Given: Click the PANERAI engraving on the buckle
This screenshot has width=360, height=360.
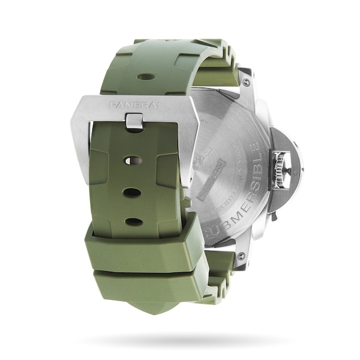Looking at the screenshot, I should click(135, 105).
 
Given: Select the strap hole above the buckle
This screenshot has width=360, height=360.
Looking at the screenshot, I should click(145, 77).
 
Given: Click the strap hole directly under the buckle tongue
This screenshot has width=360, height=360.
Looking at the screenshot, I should click(133, 161).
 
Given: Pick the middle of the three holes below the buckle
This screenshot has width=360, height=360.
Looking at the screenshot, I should click(132, 193).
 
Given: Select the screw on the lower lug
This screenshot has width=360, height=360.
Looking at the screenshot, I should click(241, 256).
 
